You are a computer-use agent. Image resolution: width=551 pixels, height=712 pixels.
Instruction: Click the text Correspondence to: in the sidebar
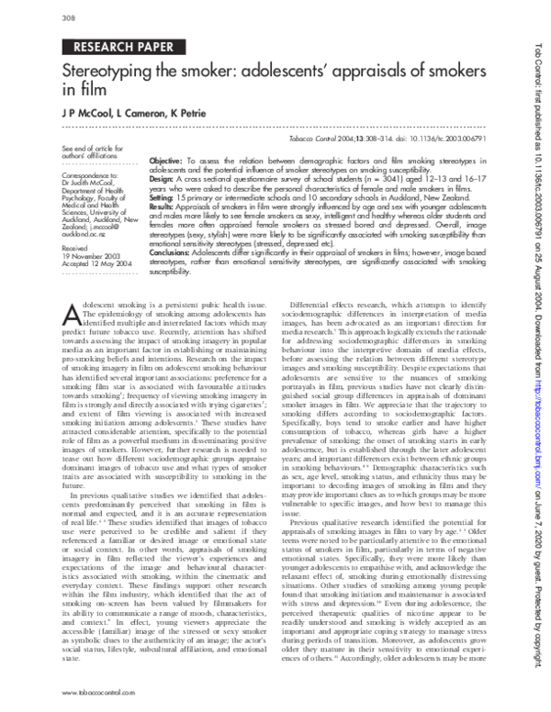click(x=84, y=173)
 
